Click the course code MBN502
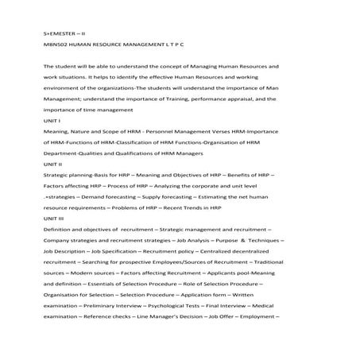tap(55, 46)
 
